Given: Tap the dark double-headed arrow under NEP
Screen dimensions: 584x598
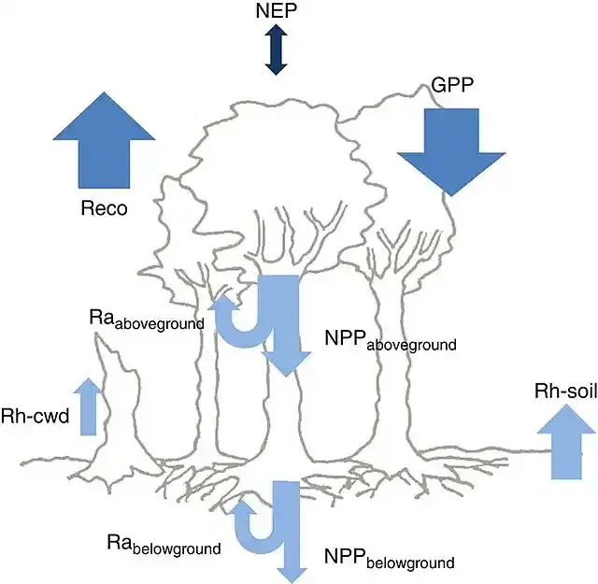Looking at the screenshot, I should pyautogui.click(x=275, y=50).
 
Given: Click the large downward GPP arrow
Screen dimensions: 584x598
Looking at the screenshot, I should pyautogui.click(x=450, y=150).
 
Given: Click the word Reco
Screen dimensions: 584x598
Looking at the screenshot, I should pyautogui.click(x=103, y=207).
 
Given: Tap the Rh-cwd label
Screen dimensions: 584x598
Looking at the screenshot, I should pyautogui.click(x=36, y=416).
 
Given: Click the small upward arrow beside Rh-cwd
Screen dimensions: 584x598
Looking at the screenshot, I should pyautogui.click(x=88, y=406).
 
